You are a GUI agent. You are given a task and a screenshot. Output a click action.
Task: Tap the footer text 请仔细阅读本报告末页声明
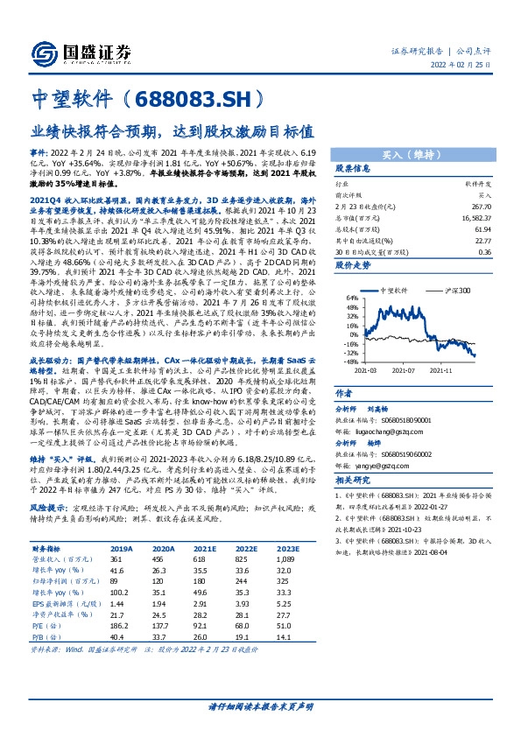260,706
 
